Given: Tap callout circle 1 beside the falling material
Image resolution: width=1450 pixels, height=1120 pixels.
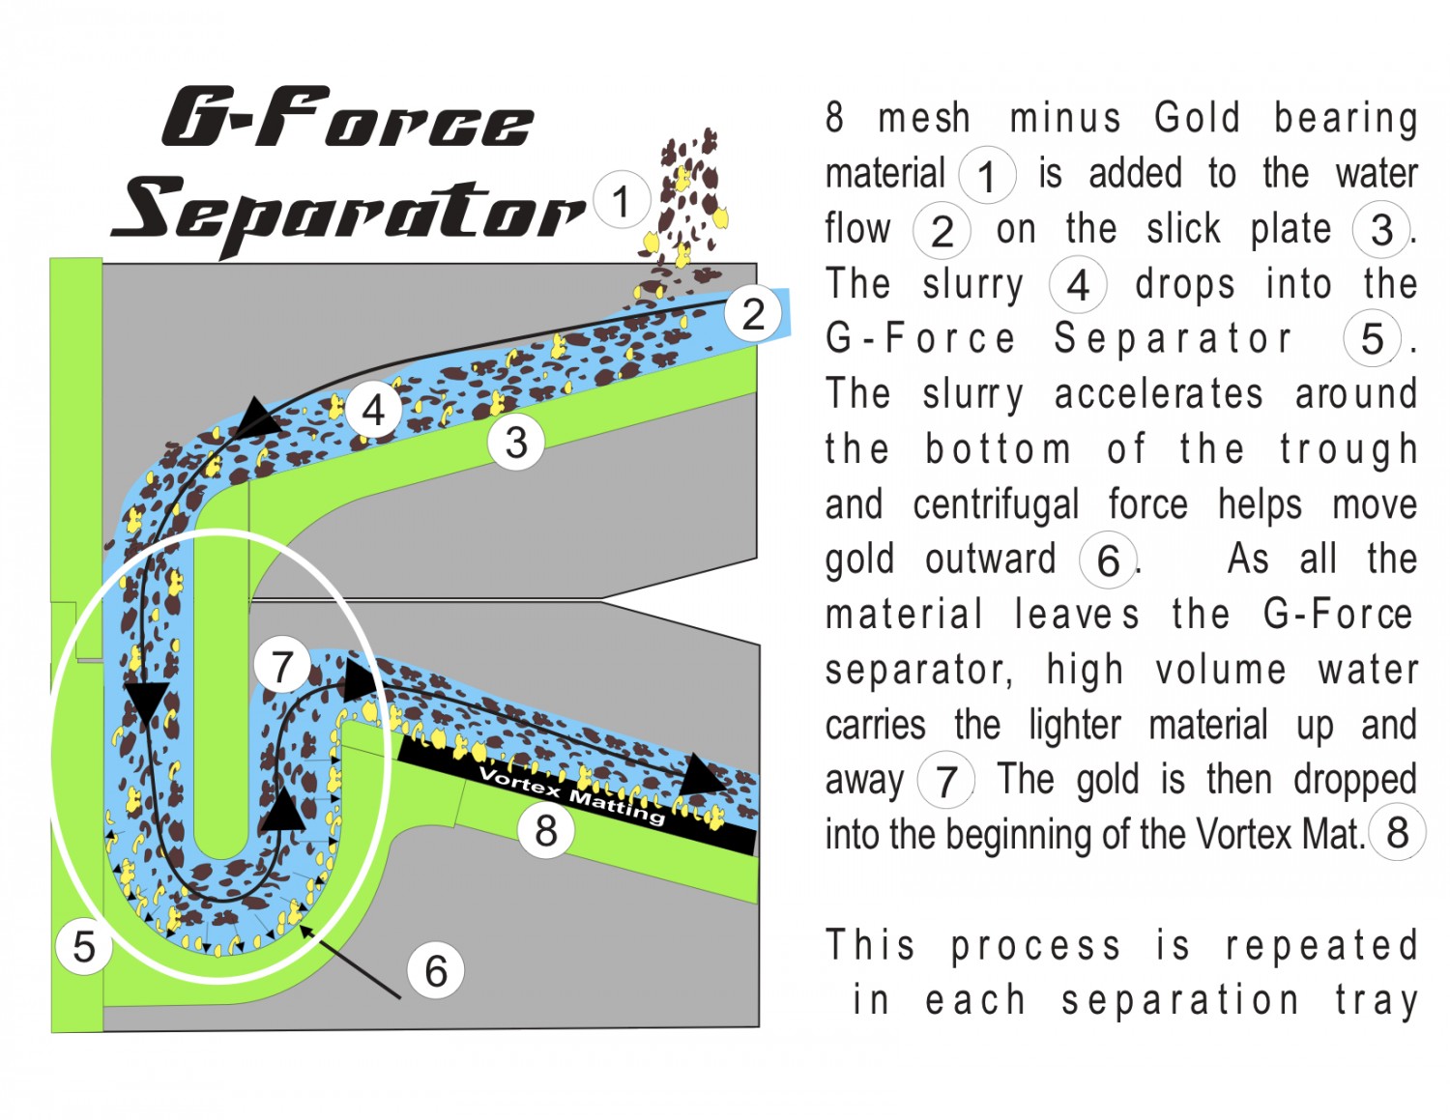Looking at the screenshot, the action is tap(622, 200).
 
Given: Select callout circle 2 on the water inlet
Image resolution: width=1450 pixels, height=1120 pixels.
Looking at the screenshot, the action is tap(753, 313).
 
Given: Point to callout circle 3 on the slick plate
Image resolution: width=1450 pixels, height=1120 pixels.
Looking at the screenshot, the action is tap(516, 442).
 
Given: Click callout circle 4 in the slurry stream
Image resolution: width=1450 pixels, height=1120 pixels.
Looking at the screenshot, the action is tap(373, 409).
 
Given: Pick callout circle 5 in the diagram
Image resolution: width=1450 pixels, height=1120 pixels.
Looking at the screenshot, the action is tap(83, 946).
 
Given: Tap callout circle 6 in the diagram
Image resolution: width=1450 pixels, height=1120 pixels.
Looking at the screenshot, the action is tap(436, 970).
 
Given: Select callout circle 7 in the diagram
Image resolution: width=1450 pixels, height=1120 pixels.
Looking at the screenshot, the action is tap(282, 665).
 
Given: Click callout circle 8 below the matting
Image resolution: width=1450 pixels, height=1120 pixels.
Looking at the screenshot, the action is tap(546, 830).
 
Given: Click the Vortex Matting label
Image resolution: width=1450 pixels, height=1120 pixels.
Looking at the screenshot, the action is tap(572, 795).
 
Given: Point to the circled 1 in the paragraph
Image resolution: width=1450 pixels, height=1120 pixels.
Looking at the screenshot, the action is tap(987, 175).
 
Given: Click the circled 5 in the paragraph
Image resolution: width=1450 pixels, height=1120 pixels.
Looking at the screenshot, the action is tap(1372, 338).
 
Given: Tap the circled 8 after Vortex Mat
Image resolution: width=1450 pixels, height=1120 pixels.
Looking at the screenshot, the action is tap(1397, 832).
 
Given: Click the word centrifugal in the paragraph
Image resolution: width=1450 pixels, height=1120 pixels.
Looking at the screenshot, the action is tap(996, 503).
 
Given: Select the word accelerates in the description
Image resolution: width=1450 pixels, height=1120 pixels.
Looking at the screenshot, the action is tap(1159, 393).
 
